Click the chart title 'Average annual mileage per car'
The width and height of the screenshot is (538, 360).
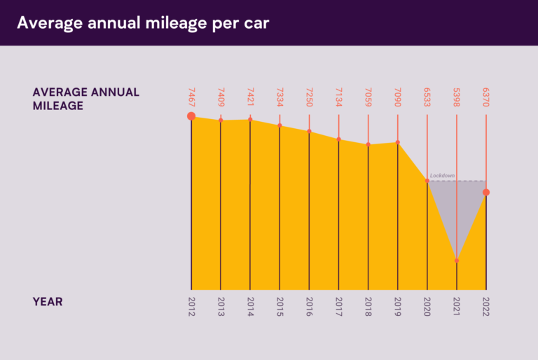coord(143,22)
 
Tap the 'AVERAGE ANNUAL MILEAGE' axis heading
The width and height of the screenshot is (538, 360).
coord(86,99)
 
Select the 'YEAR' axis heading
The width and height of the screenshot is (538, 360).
coord(48,302)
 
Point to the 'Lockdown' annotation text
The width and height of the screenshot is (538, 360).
coord(443,175)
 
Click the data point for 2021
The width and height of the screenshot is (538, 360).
coord(457,261)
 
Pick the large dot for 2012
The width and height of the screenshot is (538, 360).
coord(191,116)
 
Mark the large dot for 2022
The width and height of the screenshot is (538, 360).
coord(486,192)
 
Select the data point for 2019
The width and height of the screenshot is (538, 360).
coord(398,142)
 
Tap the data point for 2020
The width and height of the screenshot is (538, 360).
coord(427,181)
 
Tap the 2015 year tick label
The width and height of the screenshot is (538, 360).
coord(280,307)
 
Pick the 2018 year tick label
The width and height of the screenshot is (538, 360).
coord(368,307)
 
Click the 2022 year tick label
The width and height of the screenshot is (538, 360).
coord(486,307)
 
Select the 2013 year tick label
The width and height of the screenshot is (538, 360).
coord(221,307)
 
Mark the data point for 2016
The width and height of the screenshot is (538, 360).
coord(309,131)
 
